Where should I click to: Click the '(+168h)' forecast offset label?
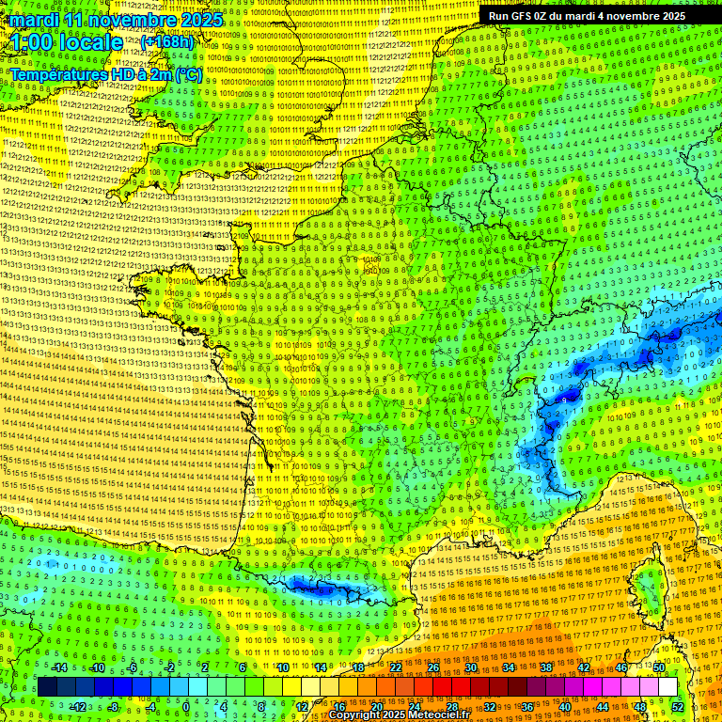[167, 42]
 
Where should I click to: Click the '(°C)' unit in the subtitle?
[186, 74]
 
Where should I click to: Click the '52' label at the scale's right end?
[677, 706]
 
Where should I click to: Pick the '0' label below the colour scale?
[186, 706]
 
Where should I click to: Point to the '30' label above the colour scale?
[470, 667]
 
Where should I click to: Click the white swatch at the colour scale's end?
[667, 687]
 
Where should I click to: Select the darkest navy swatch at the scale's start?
[47, 687]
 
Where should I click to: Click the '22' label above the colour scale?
[396, 667]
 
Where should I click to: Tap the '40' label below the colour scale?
[564, 706]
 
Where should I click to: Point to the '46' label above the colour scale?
[620, 667]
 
